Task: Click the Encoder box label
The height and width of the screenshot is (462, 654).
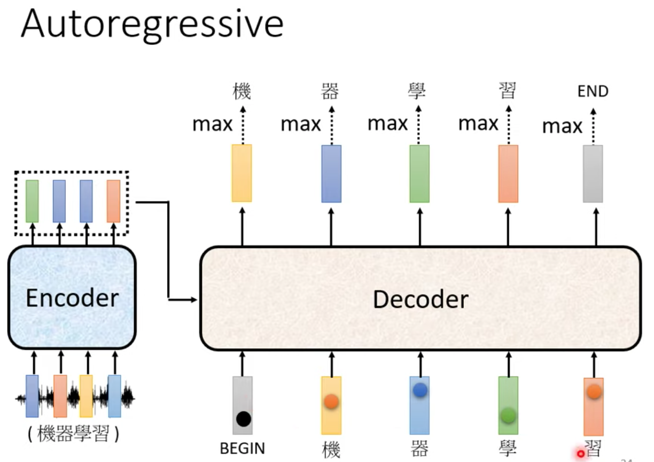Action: click(73, 298)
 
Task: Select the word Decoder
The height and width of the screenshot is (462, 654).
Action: click(421, 299)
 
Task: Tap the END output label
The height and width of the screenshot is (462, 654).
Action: click(593, 91)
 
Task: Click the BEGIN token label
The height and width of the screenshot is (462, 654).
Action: click(243, 448)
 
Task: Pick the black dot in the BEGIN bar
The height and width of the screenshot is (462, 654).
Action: click(244, 419)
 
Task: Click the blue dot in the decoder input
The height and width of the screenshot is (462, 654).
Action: click(420, 390)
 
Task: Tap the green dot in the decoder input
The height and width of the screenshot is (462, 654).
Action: click(508, 415)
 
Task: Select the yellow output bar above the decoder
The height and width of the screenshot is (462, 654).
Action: click(242, 173)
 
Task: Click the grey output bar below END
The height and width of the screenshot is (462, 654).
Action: click(593, 174)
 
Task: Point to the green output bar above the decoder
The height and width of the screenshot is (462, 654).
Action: click(419, 174)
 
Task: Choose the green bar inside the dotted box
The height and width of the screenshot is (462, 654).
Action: click(32, 201)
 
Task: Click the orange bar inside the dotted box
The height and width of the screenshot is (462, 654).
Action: click(113, 201)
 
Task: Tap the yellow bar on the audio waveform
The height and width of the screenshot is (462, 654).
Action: click(86, 396)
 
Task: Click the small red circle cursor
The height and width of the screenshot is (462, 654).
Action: click(581, 454)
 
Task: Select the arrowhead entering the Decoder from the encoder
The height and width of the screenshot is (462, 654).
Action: click(194, 299)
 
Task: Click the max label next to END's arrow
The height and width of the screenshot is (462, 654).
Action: click(562, 127)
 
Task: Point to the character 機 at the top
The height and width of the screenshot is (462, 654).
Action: click(242, 91)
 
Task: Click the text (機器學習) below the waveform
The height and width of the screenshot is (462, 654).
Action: click(73, 433)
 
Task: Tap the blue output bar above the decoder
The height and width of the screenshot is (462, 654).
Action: click(331, 174)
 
